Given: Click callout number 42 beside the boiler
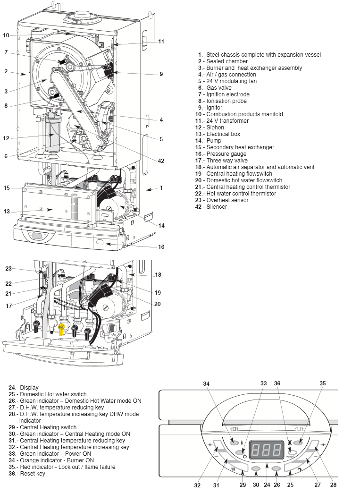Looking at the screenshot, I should click(x=161, y=161).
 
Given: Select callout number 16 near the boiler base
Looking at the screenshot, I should click(x=161, y=247).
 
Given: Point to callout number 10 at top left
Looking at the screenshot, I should click(x=6, y=35).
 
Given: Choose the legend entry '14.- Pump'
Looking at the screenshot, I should click(x=210, y=141).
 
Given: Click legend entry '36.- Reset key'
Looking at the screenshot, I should click(x=27, y=474).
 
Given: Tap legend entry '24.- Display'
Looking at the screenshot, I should click(x=24, y=388).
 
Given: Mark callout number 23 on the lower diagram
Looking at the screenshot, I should click(x=8, y=268).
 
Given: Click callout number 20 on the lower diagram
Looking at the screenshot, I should click(x=157, y=304).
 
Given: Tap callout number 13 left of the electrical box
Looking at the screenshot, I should click(x=6, y=212).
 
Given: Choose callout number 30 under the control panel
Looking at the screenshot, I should click(x=256, y=485).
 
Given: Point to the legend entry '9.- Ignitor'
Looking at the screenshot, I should click(x=210, y=108).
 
